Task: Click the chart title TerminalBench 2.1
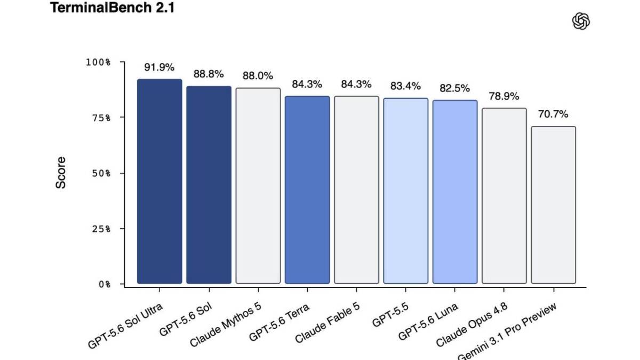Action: click(x=112, y=7)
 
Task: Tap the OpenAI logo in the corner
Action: click(x=581, y=21)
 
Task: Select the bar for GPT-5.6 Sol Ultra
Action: click(x=159, y=181)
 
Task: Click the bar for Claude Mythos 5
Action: click(x=258, y=186)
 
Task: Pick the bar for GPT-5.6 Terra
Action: click(x=307, y=190)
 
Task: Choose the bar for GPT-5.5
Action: click(x=406, y=191)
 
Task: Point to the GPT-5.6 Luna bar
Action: click(x=455, y=191)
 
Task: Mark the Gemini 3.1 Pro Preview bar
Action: click(x=554, y=205)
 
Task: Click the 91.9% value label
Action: click(x=159, y=67)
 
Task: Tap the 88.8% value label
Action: click(x=209, y=74)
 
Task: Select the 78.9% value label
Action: click(x=504, y=97)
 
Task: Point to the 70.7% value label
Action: click(x=553, y=114)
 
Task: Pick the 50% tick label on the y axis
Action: click(x=101, y=173)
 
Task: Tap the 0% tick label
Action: click(x=105, y=284)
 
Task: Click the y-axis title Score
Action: click(x=61, y=173)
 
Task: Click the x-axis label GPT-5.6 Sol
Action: click(x=186, y=319)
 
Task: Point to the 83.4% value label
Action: click(x=405, y=86)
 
